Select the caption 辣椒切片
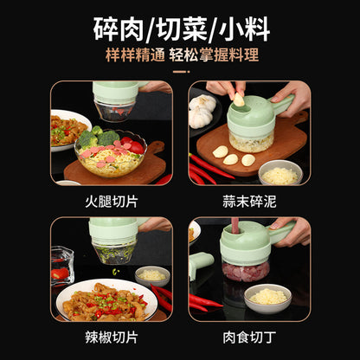coord(111,333)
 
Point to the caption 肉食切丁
coord(248,333)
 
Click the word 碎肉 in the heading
coord(118,28)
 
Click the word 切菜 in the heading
coord(179,28)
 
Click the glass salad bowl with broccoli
coord(109,154)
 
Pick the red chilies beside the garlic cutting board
coord(208,168)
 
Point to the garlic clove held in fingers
coord(239,100)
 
